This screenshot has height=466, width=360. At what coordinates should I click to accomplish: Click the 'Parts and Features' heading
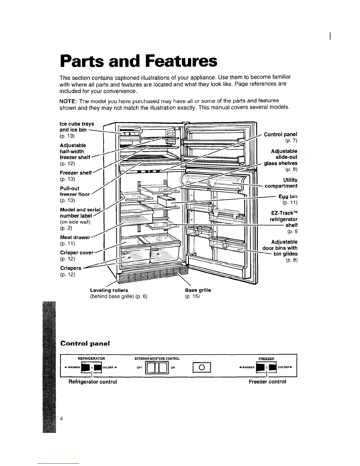(x=139, y=61)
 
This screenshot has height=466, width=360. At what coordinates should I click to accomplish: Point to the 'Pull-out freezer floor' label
(x=74, y=191)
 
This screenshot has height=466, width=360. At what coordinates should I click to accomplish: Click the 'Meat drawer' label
(x=76, y=237)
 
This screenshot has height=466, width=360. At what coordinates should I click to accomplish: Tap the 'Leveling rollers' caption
(x=109, y=290)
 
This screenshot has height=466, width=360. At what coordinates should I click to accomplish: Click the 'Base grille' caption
(x=198, y=290)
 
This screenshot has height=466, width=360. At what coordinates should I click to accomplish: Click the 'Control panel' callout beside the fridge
(x=281, y=135)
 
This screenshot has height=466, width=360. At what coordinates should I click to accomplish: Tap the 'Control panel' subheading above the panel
(x=85, y=343)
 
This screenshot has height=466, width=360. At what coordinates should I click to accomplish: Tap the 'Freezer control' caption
(x=267, y=382)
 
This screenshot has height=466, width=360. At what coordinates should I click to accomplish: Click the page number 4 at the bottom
(x=62, y=419)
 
